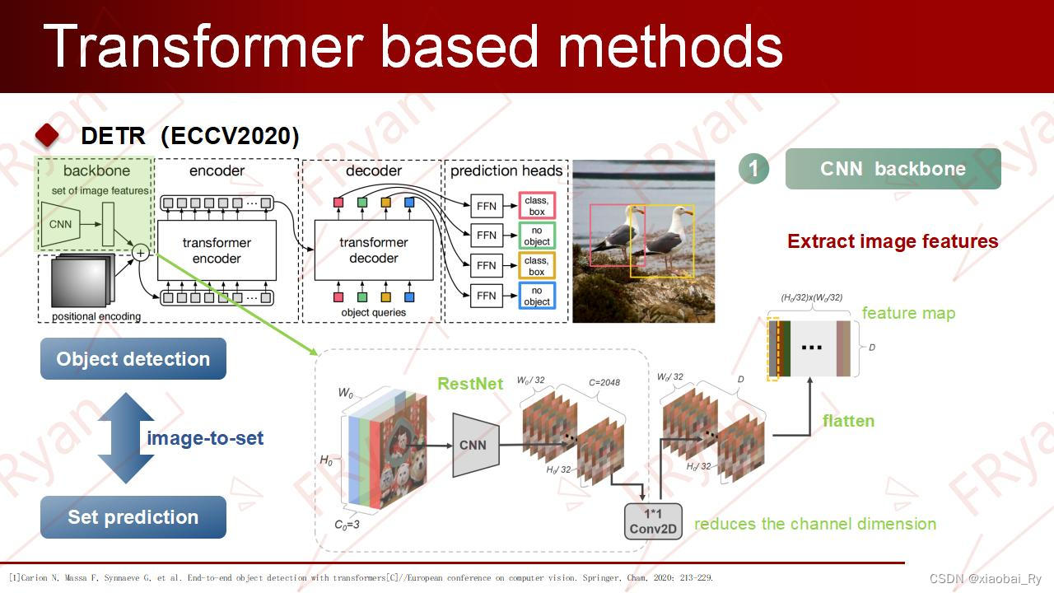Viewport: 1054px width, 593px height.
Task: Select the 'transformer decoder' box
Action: [374, 250]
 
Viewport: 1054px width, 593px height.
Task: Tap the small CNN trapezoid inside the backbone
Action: [61, 224]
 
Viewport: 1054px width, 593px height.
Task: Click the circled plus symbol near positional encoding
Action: [141, 253]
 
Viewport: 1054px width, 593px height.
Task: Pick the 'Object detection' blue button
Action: [133, 359]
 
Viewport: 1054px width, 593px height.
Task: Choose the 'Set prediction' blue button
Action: [133, 517]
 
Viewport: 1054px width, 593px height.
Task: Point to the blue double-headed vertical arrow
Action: [126, 438]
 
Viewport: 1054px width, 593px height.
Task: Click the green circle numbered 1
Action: [753, 169]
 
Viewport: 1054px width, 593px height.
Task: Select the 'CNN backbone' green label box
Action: [893, 169]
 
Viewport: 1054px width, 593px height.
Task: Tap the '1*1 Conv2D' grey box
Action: [654, 521]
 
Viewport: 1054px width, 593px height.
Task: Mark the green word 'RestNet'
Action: [470, 384]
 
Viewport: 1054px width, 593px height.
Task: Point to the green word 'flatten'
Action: [848, 421]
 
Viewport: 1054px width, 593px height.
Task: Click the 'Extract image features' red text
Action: [893, 241]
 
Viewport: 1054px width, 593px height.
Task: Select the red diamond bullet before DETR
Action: [48, 135]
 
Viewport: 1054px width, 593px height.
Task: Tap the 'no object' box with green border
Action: [536, 236]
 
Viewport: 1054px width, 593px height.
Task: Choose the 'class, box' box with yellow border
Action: [536, 266]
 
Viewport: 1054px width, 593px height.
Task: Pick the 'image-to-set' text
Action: [205, 438]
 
